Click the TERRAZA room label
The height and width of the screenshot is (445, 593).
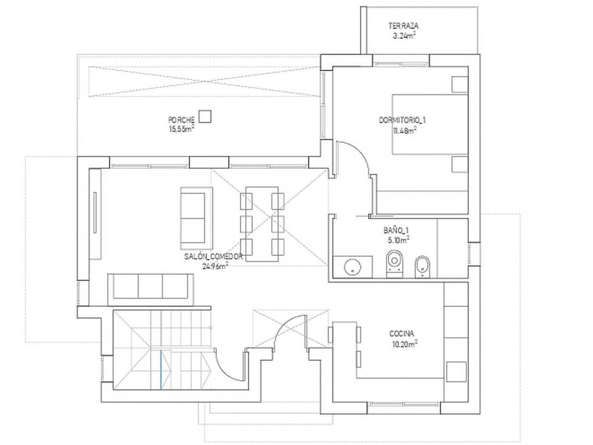404,26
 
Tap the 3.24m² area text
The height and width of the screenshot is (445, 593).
404,36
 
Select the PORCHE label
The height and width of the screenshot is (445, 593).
181,120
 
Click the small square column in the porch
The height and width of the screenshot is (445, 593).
205,116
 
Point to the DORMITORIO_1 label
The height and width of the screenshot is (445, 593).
402,120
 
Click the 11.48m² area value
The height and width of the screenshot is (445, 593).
404,131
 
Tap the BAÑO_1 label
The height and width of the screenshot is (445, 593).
396,230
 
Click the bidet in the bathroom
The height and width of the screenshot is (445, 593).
422,267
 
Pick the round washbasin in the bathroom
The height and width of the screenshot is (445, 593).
353,267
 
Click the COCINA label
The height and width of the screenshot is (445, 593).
402,334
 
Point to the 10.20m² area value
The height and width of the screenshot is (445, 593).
404,344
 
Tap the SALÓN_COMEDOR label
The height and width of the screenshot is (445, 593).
213,256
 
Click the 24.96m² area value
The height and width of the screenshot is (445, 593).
214,267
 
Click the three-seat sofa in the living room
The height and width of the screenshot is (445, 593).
151,290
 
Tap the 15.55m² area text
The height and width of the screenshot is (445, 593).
182,129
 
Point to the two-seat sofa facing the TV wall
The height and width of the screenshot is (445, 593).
196,218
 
